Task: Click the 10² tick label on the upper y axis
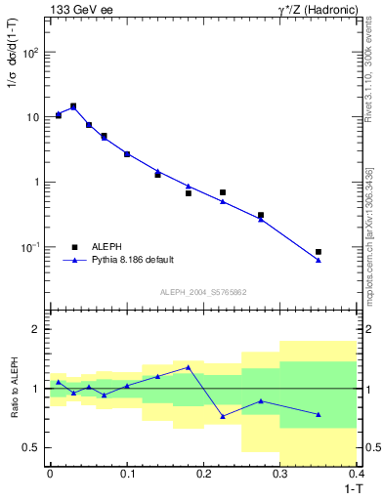(32, 52)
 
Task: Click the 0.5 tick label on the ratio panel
(32, 448)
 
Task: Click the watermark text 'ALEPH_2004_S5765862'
(202, 293)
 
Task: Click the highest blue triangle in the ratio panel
(188, 367)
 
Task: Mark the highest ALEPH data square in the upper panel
(73, 106)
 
